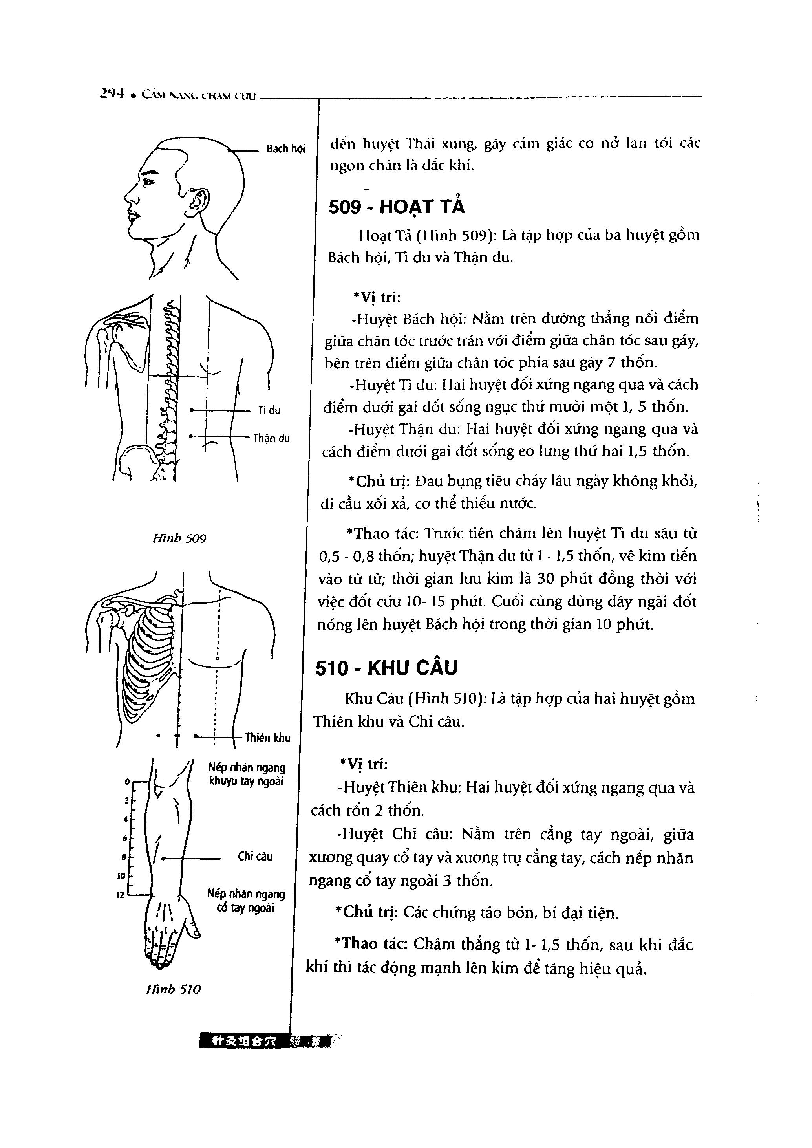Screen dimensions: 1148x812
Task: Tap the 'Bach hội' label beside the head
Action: [285, 148]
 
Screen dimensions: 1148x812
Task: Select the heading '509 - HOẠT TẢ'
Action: [397, 207]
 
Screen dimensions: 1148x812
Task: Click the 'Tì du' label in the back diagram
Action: [269, 410]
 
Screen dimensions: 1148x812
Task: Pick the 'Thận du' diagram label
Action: [271, 438]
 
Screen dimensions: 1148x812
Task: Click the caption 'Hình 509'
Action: [179, 538]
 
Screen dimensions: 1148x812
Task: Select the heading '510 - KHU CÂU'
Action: [386, 668]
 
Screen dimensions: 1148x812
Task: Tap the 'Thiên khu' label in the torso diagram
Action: [267, 738]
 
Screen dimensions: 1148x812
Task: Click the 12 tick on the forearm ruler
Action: [120, 895]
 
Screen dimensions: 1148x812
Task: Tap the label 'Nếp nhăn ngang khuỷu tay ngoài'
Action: [247, 774]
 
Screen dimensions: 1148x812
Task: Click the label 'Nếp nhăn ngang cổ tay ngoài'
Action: [245, 901]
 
